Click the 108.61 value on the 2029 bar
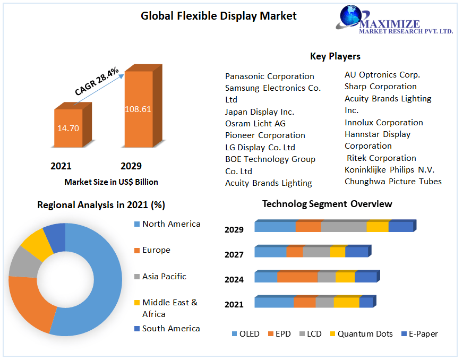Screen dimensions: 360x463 coord(138,109)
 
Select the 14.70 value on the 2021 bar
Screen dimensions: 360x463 coord(68,128)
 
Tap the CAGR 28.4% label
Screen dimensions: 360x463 coord(97,81)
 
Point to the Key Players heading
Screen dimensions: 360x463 coord(335,56)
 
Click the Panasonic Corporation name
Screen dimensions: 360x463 coord(270,76)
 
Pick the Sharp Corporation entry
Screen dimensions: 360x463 coord(381,87)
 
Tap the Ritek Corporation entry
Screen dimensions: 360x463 coord(381,158)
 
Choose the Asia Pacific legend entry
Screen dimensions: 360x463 coord(164,277)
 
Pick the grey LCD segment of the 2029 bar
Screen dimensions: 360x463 coord(344,227)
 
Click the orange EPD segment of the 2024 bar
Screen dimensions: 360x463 coord(297,277)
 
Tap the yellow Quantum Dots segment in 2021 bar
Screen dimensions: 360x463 coord(346,302)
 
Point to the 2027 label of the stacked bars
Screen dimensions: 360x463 coord(234,255)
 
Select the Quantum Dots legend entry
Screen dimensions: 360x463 coord(365,334)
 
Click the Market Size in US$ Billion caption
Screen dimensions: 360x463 coord(111,182)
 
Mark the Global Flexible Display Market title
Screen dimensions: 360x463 coord(219,16)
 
